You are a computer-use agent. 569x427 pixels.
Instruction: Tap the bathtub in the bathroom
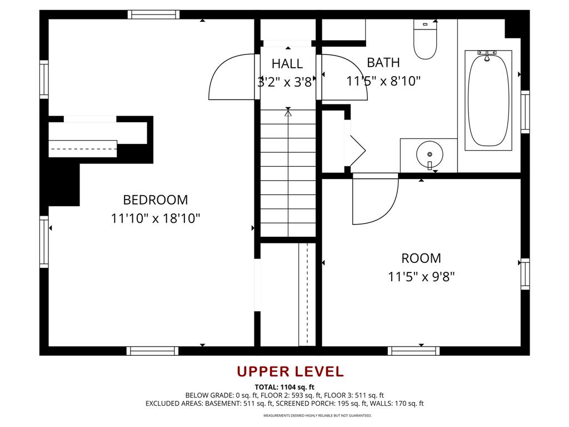click(x=488, y=100)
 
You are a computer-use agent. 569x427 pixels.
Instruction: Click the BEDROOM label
click(x=155, y=200)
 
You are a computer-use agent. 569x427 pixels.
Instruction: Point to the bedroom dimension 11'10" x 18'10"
click(x=155, y=218)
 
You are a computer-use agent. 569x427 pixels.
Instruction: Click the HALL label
click(x=287, y=63)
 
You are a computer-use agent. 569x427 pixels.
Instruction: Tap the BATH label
click(x=383, y=62)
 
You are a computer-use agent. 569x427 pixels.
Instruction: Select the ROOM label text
click(x=421, y=258)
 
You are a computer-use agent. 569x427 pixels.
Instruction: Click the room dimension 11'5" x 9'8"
click(x=421, y=276)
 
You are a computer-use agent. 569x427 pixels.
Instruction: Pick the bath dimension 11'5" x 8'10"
click(x=383, y=81)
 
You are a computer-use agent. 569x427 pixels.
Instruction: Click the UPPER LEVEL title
click(x=290, y=371)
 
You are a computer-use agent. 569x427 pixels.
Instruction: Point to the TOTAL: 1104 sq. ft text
click(x=284, y=387)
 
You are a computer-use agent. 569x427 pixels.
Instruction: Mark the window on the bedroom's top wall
click(x=153, y=14)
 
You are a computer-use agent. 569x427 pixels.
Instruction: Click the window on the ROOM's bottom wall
click(x=413, y=351)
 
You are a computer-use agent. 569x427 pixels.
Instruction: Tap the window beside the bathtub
click(x=525, y=111)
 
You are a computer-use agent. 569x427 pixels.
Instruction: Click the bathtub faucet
click(x=487, y=54)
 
